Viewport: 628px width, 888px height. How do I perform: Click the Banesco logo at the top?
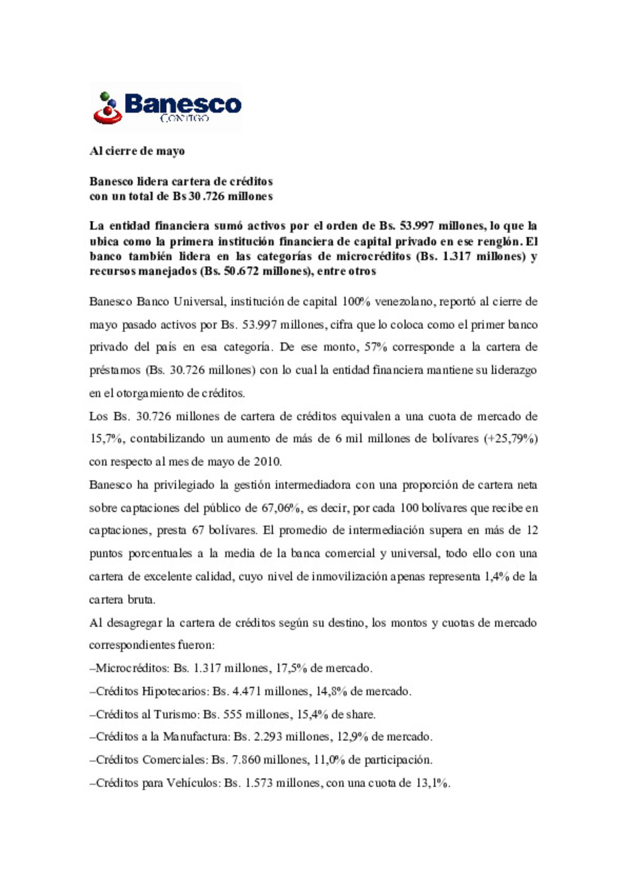(167, 108)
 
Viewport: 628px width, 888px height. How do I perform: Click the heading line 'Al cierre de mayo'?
(137, 151)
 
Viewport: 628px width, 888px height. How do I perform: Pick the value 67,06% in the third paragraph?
(281, 508)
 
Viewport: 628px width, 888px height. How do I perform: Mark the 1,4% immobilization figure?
(497, 577)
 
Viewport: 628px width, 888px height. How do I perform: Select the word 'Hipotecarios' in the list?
(174, 692)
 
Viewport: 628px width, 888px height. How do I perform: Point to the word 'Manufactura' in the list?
(196, 737)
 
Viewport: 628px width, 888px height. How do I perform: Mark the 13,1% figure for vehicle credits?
(431, 783)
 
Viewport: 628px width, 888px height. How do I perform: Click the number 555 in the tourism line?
(233, 714)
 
